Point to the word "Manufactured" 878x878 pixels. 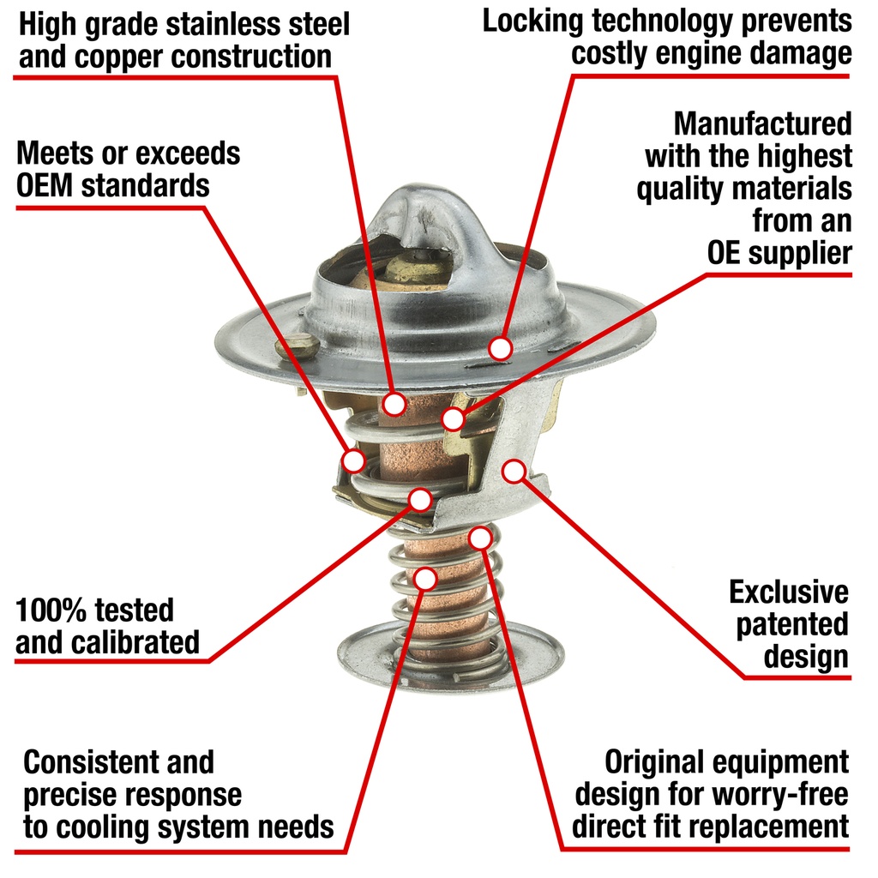(762, 123)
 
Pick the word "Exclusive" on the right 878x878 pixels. (789, 592)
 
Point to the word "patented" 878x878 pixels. (792, 625)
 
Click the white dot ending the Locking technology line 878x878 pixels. (500, 348)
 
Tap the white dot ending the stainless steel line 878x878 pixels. (394, 403)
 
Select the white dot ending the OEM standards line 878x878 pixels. (353, 460)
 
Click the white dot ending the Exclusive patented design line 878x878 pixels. (514, 472)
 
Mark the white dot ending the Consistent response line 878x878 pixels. (425, 579)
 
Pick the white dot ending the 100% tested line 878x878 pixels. (420, 499)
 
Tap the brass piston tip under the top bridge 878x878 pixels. (418, 268)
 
